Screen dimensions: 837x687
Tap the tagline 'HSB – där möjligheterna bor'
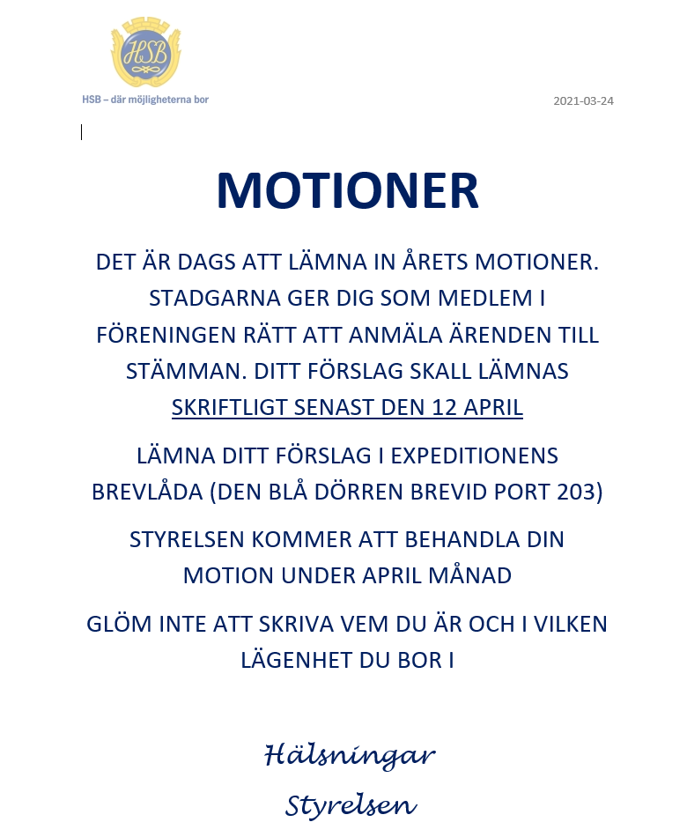pyautogui.click(x=145, y=100)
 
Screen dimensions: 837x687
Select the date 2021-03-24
pyautogui.click(x=583, y=100)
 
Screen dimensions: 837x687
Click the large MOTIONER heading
pyautogui.click(x=347, y=191)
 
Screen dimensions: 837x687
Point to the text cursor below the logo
pyautogui.click(x=81, y=132)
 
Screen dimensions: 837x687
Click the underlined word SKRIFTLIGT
pyautogui.click(x=229, y=408)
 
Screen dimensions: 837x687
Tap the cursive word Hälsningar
pyautogui.click(x=350, y=755)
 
